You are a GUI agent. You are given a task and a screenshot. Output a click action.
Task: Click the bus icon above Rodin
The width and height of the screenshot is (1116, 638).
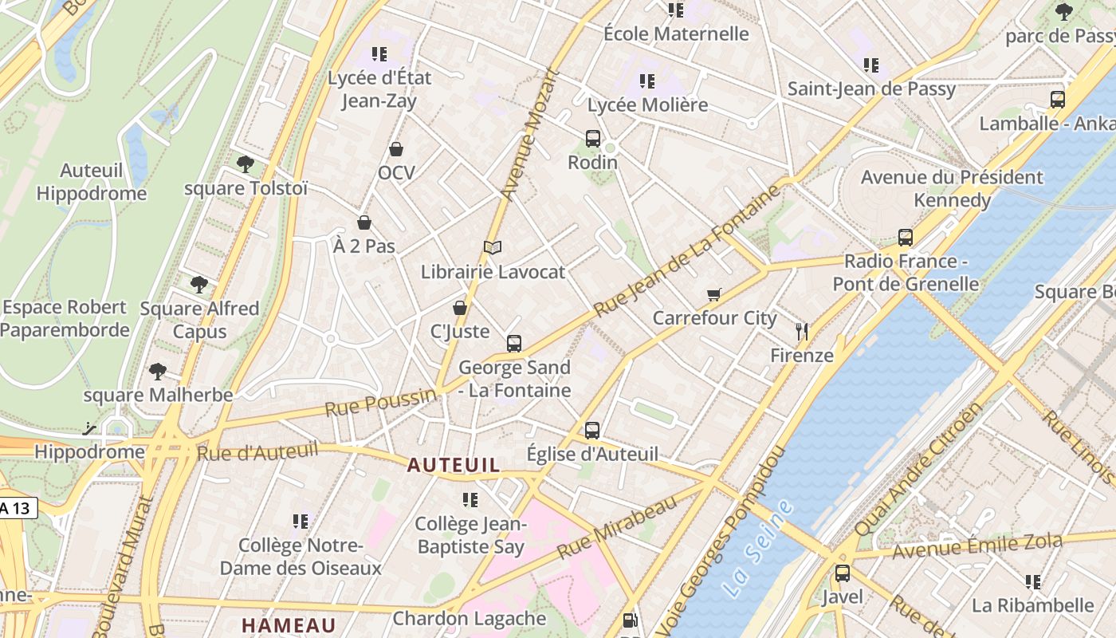(592, 138)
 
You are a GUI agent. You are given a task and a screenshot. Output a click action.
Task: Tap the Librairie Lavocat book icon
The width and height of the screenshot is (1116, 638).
(493, 248)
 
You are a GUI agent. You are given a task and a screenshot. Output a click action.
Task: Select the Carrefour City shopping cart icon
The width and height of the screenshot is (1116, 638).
(714, 294)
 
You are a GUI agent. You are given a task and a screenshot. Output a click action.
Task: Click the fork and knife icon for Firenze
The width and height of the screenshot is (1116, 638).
(802, 331)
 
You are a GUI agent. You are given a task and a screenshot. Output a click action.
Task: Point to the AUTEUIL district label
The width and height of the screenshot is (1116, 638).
(454, 465)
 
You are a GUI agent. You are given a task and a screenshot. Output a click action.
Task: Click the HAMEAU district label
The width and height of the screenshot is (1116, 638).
(289, 624)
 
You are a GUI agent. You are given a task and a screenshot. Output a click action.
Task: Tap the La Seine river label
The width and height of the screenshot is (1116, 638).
(759, 548)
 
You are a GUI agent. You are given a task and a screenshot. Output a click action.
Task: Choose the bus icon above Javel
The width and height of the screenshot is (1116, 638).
(843, 573)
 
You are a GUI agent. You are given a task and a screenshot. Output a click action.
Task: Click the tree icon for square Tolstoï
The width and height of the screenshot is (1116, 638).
(245, 164)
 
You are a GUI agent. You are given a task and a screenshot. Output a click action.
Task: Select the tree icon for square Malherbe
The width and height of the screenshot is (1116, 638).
(158, 371)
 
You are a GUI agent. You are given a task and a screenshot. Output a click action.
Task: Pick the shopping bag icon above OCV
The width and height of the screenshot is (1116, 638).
(396, 149)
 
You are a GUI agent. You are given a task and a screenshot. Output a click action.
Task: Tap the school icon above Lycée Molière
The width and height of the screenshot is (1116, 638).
(647, 81)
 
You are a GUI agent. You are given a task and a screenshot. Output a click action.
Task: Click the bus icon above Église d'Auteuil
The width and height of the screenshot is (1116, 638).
(592, 430)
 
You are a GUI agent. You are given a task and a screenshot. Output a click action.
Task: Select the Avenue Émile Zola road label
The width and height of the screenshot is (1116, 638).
(976, 547)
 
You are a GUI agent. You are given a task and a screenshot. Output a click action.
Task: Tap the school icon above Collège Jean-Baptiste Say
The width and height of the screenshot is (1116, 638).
(470, 500)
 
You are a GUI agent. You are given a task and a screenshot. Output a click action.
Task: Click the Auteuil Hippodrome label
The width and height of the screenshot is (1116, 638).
(92, 182)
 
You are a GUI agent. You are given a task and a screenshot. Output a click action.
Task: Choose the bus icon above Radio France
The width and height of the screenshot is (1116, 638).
(906, 237)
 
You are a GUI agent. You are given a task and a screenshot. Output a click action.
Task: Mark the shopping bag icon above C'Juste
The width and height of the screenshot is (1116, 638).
(460, 308)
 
